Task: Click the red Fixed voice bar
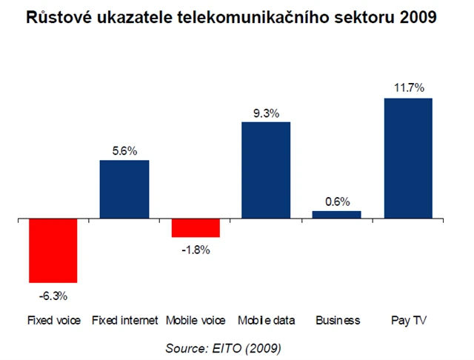click(53, 251)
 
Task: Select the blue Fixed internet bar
click(124, 190)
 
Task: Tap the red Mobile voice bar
click(195, 228)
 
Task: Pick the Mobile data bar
click(266, 170)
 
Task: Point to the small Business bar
click(337, 215)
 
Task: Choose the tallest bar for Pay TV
click(408, 159)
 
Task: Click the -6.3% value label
click(53, 296)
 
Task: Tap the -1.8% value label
click(195, 250)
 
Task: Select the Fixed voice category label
click(53, 321)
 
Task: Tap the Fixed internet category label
click(124, 321)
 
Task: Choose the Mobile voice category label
click(195, 321)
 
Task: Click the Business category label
click(337, 321)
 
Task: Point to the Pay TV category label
click(409, 321)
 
